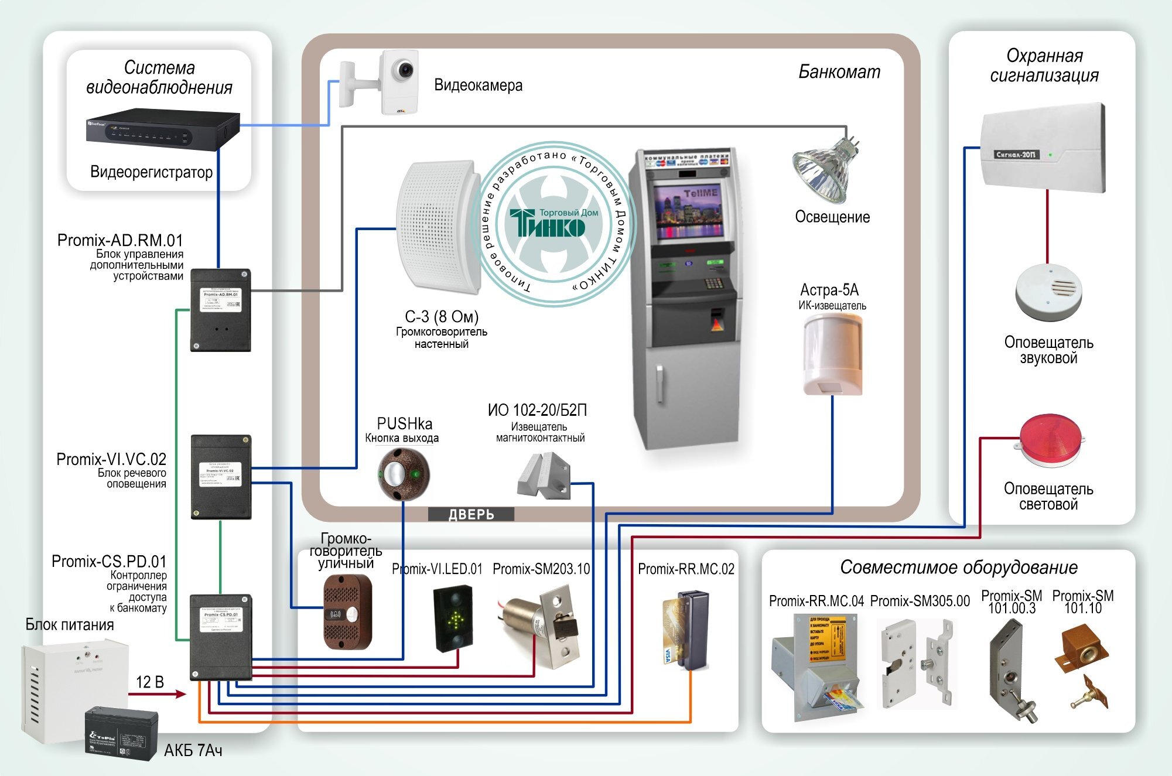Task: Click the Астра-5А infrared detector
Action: click(x=832, y=354)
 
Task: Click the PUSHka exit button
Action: click(x=403, y=473)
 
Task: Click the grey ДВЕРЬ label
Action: click(x=471, y=514)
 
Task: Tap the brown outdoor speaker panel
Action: click(x=348, y=612)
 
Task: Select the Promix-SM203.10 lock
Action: click(x=542, y=627)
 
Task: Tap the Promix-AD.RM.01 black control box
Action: click(x=220, y=310)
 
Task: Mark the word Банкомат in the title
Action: click(x=839, y=72)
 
